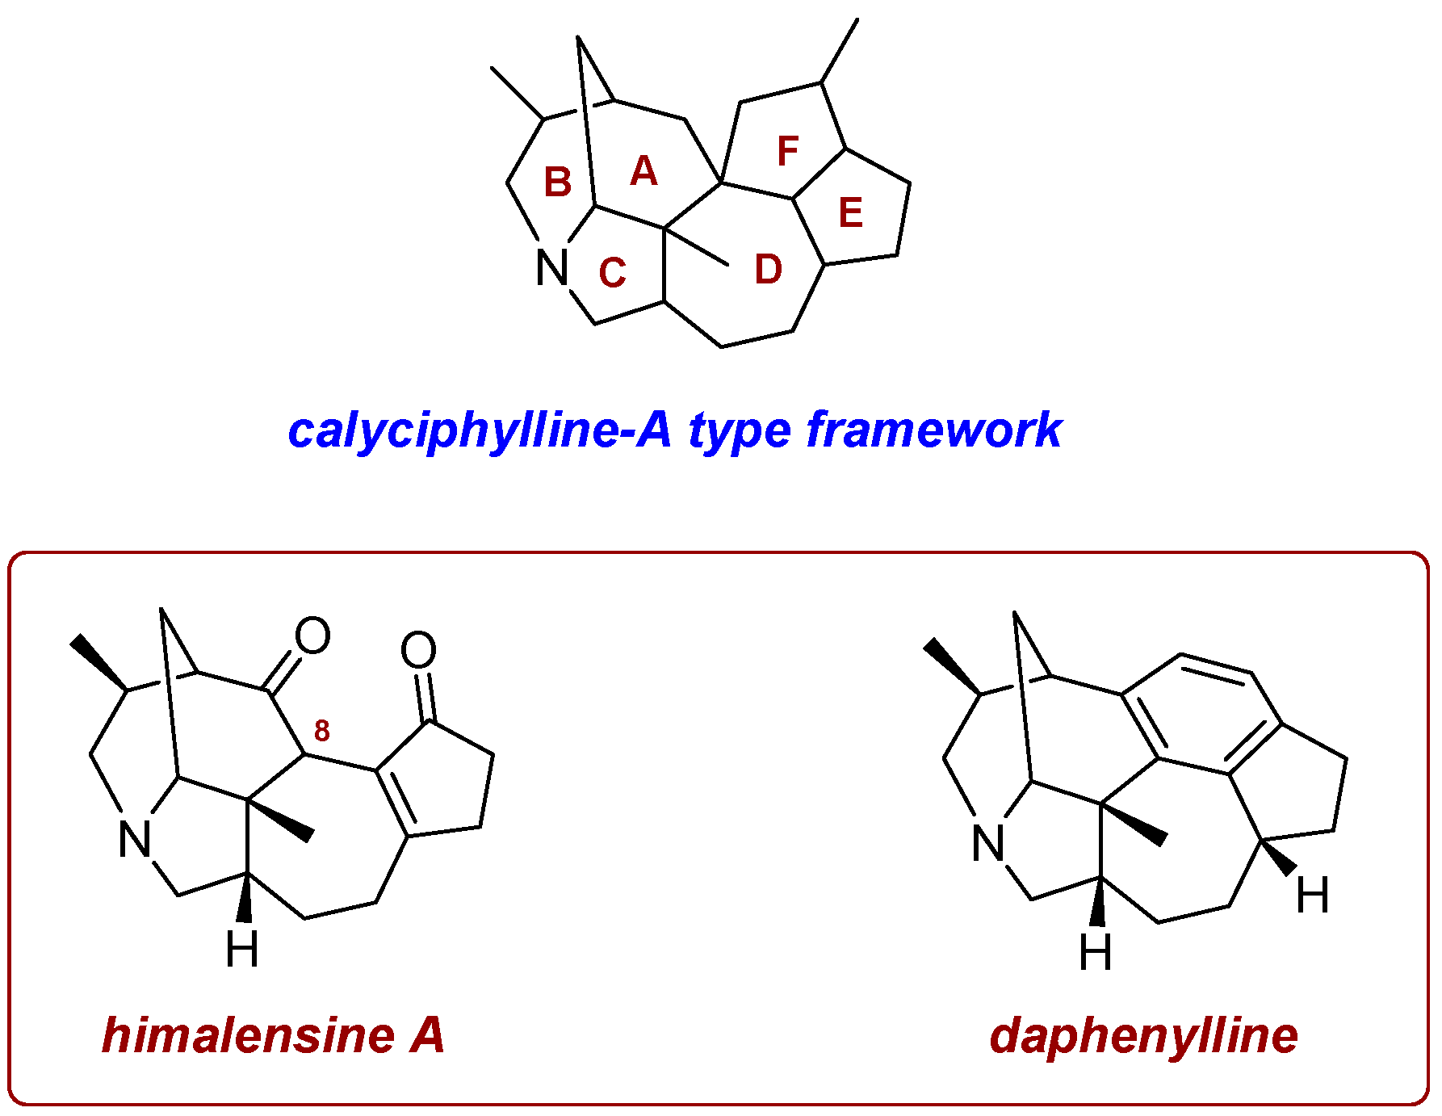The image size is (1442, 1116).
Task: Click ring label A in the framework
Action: point(643,171)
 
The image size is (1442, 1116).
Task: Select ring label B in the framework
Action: point(557,183)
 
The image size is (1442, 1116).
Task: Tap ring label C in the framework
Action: point(612,273)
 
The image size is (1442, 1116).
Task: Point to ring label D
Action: point(768,270)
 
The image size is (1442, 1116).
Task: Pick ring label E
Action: point(851,213)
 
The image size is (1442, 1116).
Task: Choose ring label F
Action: point(787,151)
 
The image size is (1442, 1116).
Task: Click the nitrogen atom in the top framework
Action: point(552,267)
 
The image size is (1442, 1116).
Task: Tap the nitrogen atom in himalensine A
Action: point(135,840)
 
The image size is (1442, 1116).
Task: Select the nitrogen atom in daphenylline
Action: point(988,844)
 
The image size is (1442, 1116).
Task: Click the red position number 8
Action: point(321,731)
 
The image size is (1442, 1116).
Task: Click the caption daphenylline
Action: point(1143,1036)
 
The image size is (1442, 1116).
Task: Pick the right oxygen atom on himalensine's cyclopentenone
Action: point(418,650)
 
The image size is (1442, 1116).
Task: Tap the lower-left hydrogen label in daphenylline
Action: point(1095,952)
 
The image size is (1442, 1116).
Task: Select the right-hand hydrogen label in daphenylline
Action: point(1312,896)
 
